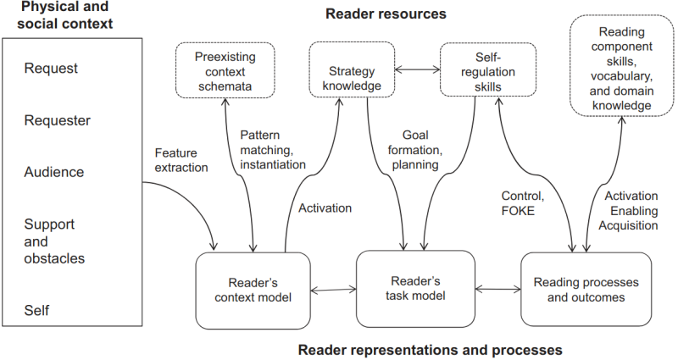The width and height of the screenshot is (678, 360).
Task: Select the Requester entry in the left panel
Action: tap(57, 120)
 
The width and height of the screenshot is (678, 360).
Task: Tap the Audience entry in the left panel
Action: tap(54, 172)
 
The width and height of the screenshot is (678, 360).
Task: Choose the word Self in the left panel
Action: tap(37, 311)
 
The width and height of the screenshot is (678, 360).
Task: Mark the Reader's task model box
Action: tap(414, 289)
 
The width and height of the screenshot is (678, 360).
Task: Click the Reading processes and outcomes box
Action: tap(586, 289)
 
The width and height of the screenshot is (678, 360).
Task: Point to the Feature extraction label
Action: tap(181, 160)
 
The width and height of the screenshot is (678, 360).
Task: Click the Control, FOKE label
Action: tap(519, 203)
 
